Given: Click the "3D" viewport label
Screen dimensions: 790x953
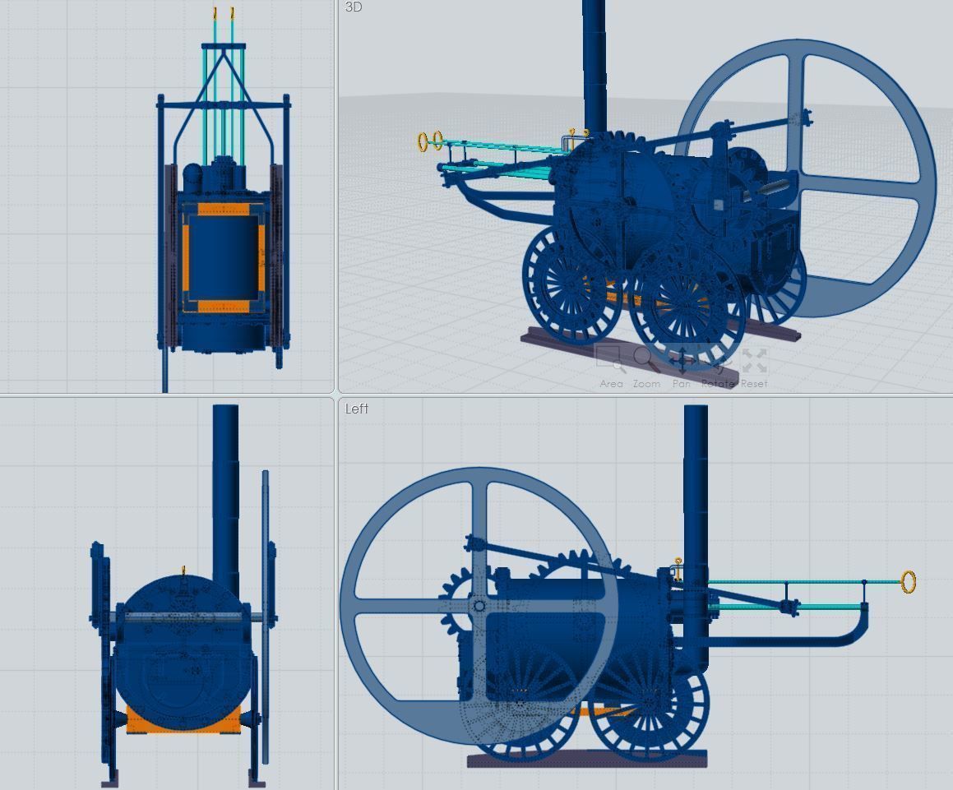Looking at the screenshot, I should pos(354,7).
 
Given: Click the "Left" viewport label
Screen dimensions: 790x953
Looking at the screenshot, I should pos(357,409).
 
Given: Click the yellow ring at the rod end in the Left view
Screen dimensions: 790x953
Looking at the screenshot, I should pos(909,582).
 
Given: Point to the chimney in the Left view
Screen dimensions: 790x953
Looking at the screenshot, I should pos(696,493).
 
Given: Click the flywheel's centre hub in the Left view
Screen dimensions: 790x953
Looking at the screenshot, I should pos(479,607).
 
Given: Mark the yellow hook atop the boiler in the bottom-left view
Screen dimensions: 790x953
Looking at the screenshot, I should pos(184,570).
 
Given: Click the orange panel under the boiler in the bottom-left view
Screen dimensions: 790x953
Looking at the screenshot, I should pos(183,719).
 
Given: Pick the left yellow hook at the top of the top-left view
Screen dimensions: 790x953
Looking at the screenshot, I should pos(215,13).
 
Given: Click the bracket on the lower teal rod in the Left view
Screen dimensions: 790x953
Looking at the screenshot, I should pos(788,607).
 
